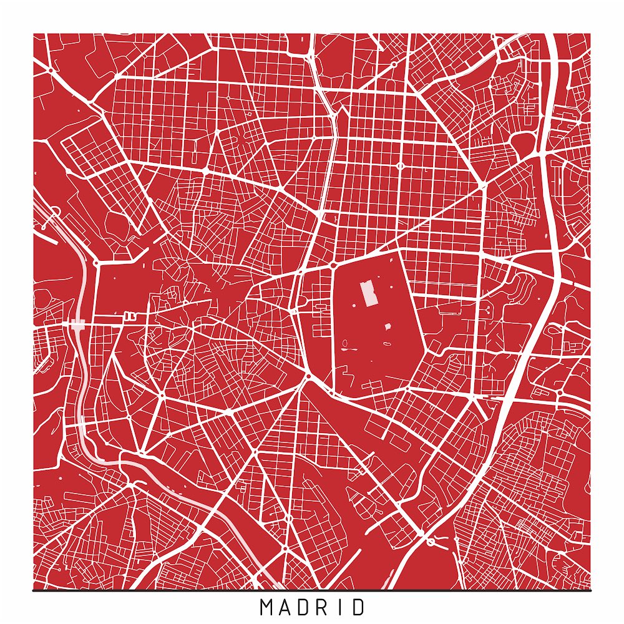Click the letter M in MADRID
265,607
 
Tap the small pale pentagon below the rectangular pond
387,326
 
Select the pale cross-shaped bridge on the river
78,324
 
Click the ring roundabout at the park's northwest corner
334,265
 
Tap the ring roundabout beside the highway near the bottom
431,542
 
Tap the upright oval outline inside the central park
344,342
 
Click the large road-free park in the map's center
374,349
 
